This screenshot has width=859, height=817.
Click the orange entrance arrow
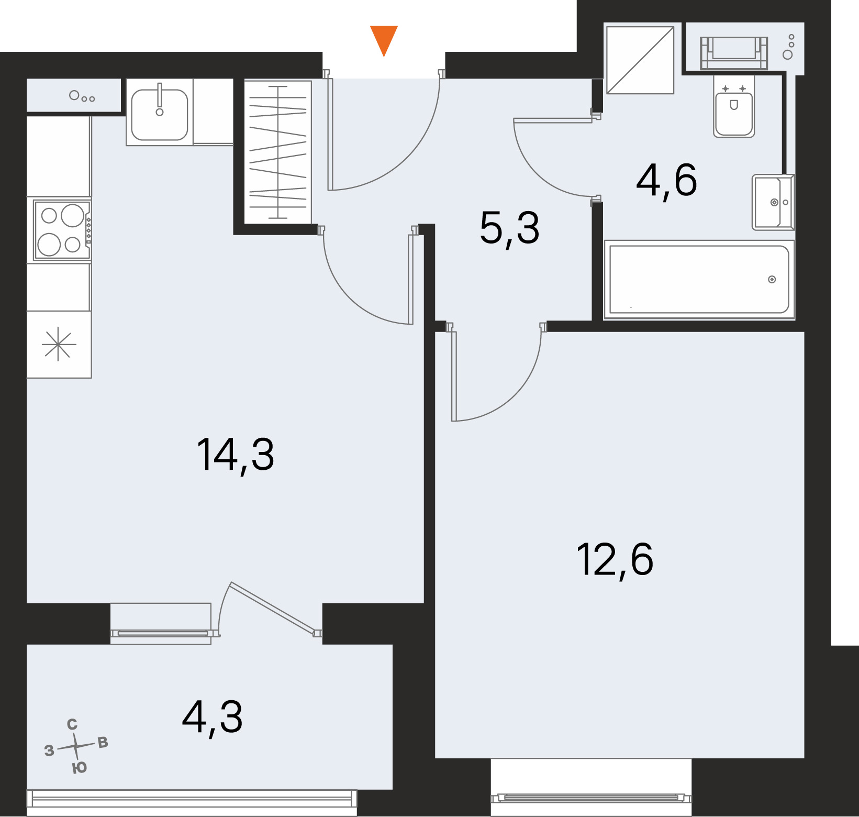[384, 40]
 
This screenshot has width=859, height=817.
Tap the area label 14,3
[236, 456]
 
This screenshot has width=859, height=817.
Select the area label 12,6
[615, 560]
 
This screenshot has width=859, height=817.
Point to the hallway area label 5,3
[509, 229]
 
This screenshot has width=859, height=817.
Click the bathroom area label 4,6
[666, 181]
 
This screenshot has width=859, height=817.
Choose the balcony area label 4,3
[212, 718]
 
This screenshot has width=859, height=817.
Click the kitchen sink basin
[160, 115]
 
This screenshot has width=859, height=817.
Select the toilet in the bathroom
[734, 107]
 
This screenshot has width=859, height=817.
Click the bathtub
[699, 280]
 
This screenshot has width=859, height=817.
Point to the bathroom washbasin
[773, 202]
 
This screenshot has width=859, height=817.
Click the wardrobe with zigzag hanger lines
[278, 152]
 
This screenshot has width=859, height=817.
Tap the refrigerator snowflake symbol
[59, 344]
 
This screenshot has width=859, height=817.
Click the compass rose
[76, 746]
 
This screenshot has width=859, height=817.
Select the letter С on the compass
[72, 724]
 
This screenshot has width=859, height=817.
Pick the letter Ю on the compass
[79, 768]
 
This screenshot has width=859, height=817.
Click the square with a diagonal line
[640, 60]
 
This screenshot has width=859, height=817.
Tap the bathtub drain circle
[772, 280]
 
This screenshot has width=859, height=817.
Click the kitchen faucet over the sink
[160, 99]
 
